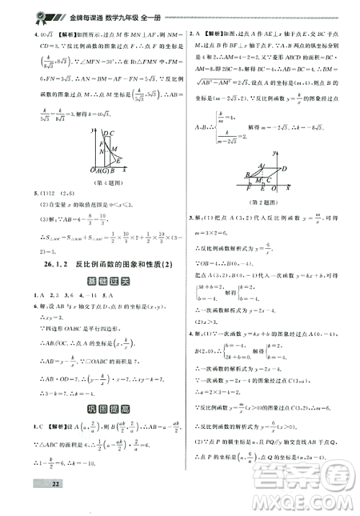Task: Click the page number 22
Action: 33,502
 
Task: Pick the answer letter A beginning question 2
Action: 199,33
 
